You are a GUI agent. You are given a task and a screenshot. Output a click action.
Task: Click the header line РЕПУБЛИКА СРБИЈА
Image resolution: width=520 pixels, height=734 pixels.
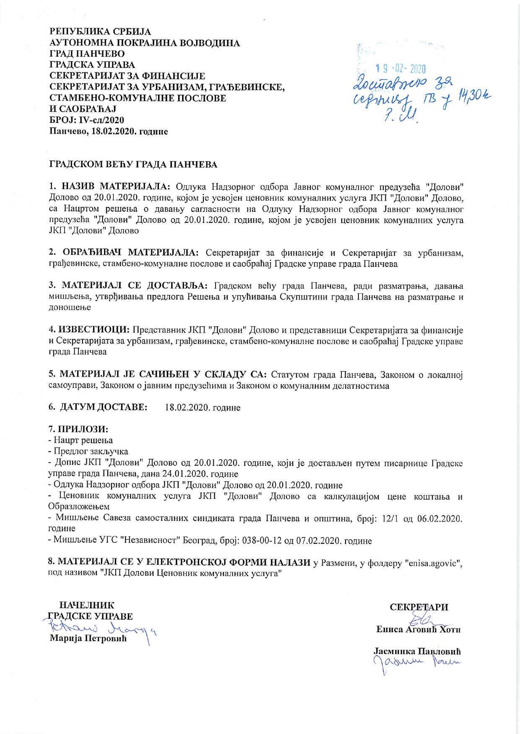(x=101, y=32)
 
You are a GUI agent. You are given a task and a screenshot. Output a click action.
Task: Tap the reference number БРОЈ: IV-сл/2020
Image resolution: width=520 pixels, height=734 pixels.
(x=87, y=120)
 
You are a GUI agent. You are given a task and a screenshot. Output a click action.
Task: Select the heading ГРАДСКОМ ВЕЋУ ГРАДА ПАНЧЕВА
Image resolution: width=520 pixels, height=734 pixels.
(x=133, y=164)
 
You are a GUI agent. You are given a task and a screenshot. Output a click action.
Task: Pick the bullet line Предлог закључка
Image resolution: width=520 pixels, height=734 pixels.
(x=90, y=451)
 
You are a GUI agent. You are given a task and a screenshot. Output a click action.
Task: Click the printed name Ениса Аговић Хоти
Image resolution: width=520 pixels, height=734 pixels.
(x=419, y=629)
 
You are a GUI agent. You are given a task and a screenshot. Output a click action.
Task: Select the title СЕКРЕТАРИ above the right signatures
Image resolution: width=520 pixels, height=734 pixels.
(x=419, y=607)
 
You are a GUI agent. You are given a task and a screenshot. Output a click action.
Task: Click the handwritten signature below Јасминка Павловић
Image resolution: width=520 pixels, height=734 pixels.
(x=415, y=663)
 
